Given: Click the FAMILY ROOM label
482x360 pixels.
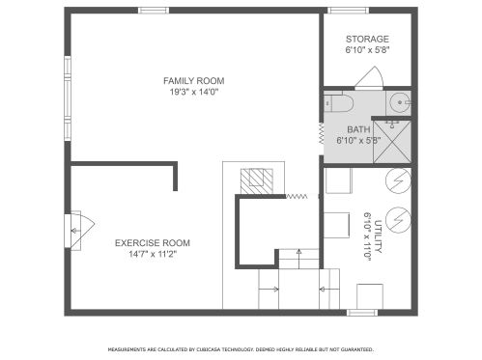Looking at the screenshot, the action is pyautogui.click(x=193, y=81).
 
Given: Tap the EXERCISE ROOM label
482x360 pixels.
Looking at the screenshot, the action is pyautogui.click(x=153, y=243).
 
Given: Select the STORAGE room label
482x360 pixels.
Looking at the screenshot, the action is pyautogui.click(x=367, y=40).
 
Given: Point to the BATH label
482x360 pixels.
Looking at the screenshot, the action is pyautogui.click(x=358, y=129).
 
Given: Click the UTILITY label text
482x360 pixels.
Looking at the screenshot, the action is pyautogui.click(x=378, y=236).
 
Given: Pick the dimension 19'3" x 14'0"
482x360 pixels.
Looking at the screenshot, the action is pyautogui.click(x=194, y=93).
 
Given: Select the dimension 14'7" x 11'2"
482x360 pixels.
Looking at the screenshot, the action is pyautogui.click(x=153, y=255).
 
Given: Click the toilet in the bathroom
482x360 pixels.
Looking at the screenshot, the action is pyautogui.click(x=338, y=103).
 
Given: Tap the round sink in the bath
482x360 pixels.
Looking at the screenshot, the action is pyautogui.click(x=399, y=102).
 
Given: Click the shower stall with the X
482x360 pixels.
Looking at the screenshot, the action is pyautogui.click(x=392, y=142).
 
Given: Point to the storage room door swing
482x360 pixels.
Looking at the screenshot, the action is pyautogui.click(x=369, y=77).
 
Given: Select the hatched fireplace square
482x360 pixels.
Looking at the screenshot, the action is pyautogui.click(x=257, y=181).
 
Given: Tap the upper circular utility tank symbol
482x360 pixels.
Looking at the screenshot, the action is pyautogui.click(x=398, y=180).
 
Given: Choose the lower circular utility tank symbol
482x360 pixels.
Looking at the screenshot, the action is pyautogui.click(x=398, y=219).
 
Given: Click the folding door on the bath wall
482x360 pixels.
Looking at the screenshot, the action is pyautogui.click(x=322, y=133).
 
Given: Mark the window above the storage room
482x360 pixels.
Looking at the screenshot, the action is pyautogui.click(x=348, y=11).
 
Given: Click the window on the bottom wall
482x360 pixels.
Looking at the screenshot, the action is pyautogui.click(x=362, y=313).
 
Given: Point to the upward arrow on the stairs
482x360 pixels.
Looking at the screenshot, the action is pyautogui.click(x=299, y=259).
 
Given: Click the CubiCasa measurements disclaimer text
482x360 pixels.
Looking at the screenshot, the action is pyautogui.click(x=241, y=349).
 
